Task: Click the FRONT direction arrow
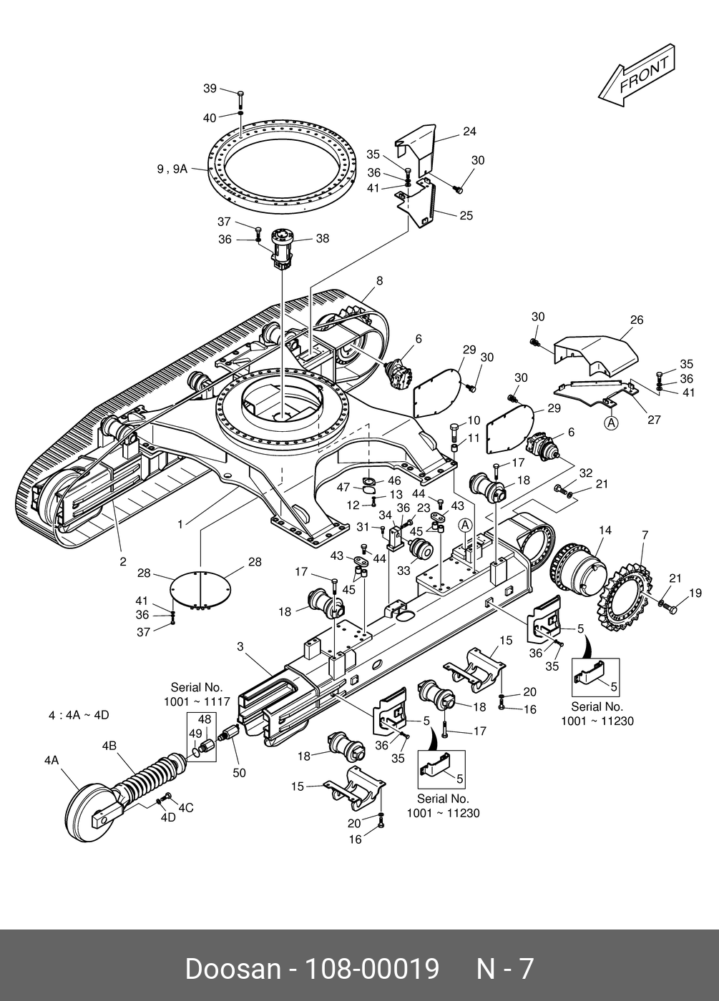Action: [637, 75]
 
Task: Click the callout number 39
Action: [210, 89]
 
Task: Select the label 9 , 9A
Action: [172, 169]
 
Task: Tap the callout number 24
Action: [469, 132]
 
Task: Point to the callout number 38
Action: [323, 238]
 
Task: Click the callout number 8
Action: [380, 280]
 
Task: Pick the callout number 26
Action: [637, 320]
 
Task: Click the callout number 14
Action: [605, 530]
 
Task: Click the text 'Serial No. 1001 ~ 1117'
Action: [197, 694]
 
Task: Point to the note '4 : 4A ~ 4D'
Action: [79, 715]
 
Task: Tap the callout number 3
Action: [240, 646]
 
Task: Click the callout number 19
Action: [695, 593]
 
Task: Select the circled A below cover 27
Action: [611, 423]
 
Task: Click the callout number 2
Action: [123, 562]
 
